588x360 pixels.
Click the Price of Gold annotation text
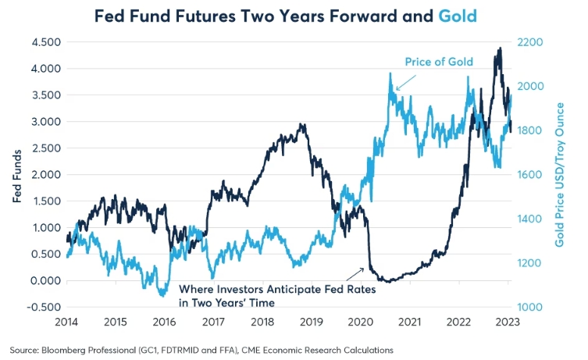[x=439, y=62]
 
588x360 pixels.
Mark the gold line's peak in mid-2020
[x=389, y=73]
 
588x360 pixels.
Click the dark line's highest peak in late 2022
[x=499, y=48]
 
